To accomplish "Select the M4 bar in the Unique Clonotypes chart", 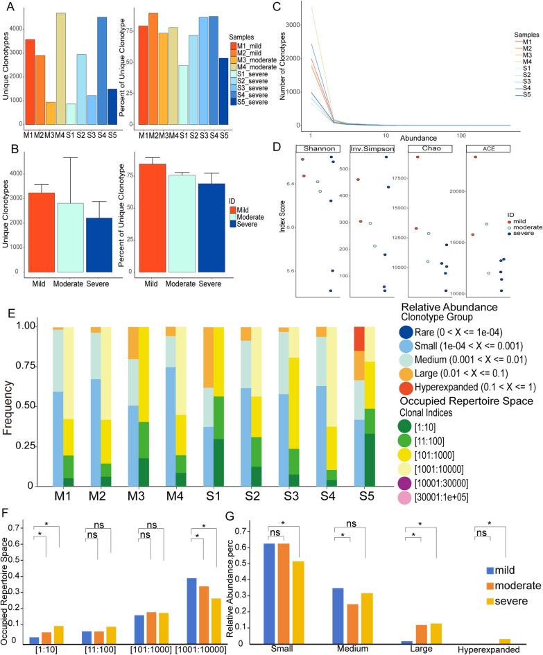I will coord(61,67).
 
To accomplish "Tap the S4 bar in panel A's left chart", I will coord(102,69).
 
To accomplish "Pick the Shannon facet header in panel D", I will coord(320,148).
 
